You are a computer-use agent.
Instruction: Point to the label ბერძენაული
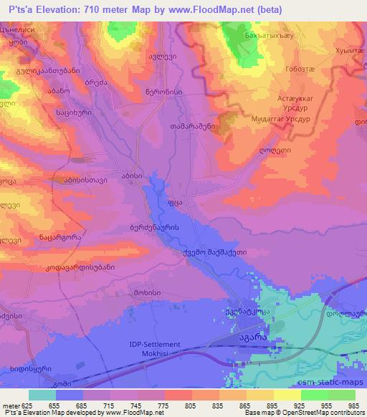169,226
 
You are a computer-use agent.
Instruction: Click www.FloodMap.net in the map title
208,9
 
